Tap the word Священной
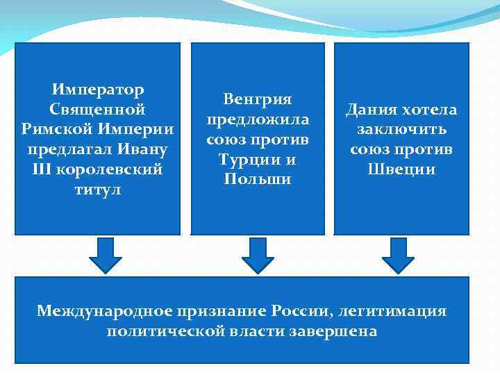pos(97,109)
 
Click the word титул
pos(97,190)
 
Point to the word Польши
pos(258,179)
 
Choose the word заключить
pos(401,130)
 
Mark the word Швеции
pos(401,169)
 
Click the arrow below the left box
pos(105,256)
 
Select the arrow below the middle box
pos(258,256)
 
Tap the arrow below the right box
pos(399,256)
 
